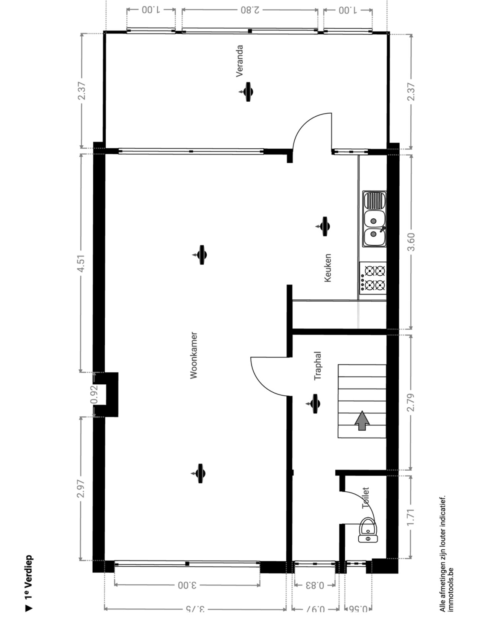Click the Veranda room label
click(240, 61)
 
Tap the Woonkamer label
click(194, 355)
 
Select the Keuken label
click(328, 268)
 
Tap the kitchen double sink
click(374, 219)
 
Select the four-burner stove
click(373, 278)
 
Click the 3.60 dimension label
click(411, 242)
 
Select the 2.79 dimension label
click(411, 402)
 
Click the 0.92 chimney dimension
click(94, 395)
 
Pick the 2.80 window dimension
click(250, 10)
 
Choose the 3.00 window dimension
click(188, 585)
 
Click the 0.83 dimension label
click(315, 585)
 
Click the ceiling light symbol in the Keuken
click(323, 226)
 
